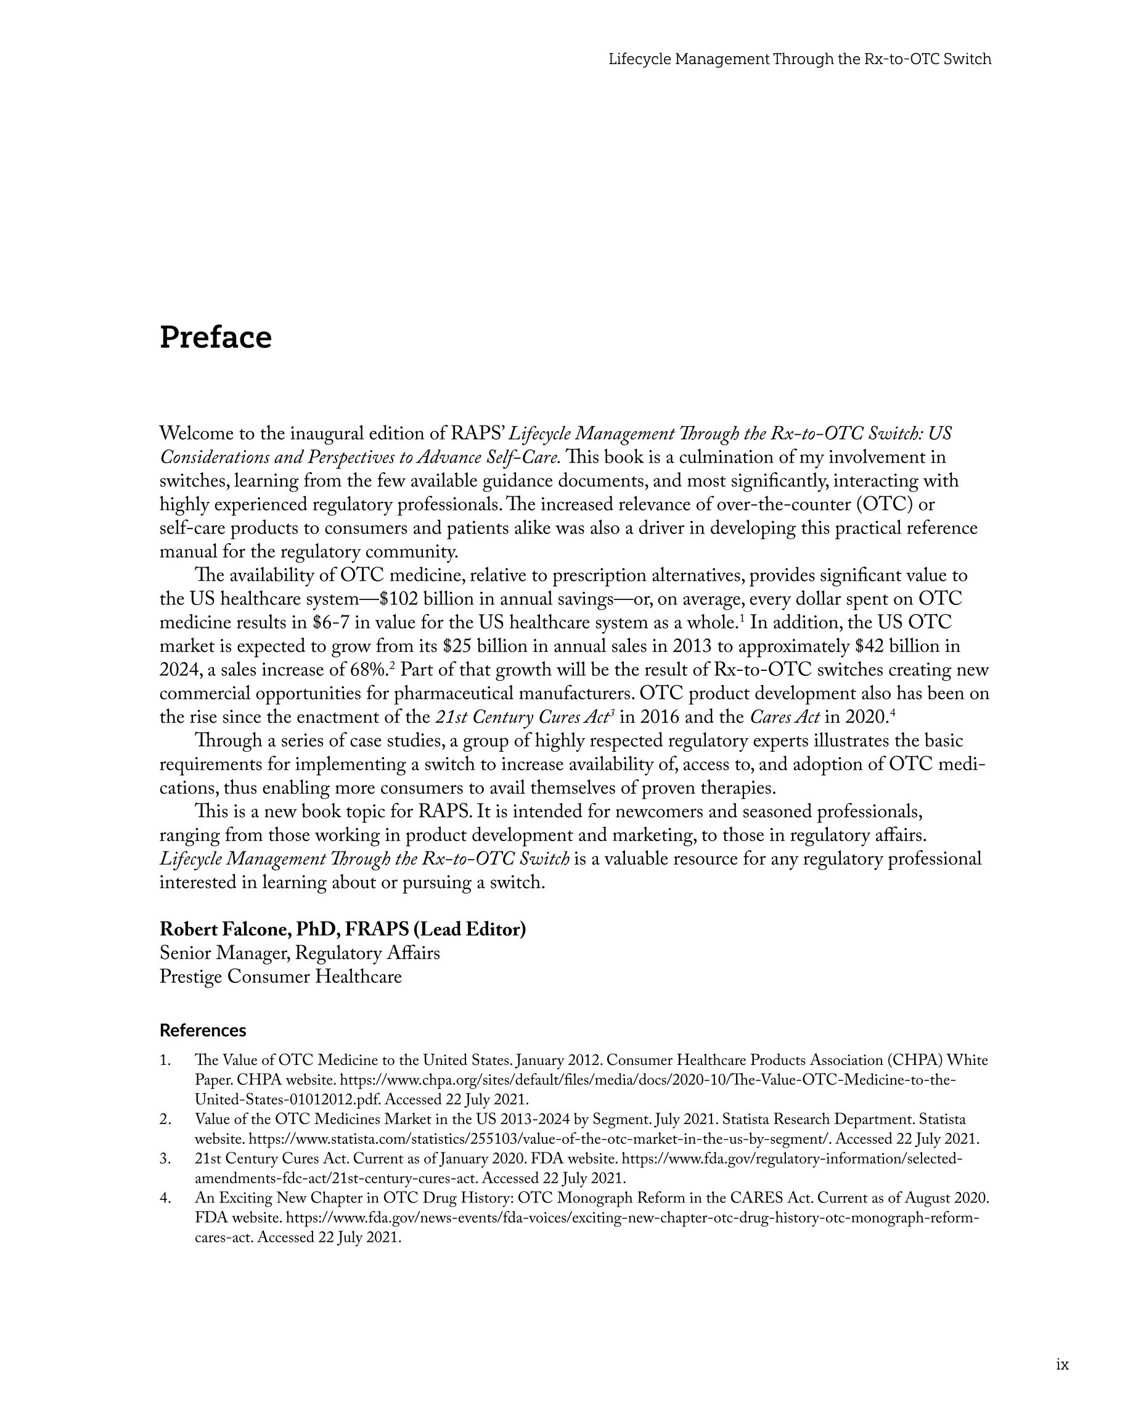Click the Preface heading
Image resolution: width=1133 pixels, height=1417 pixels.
pyautogui.click(x=216, y=338)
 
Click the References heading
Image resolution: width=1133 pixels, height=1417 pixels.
pyautogui.click(x=202, y=1030)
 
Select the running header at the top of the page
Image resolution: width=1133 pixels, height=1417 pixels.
pyautogui.click(x=799, y=59)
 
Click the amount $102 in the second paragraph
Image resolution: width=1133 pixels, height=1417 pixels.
pyautogui.click(x=399, y=599)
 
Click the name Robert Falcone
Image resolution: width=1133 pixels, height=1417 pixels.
pyautogui.click(x=225, y=929)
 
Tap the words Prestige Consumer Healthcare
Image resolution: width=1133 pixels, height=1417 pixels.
pyautogui.click(x=280, y=977)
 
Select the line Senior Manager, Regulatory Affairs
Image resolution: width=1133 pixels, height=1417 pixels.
pyautogui.click(x=300, y=953)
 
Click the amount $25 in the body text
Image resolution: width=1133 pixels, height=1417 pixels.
pyautogui.click(x=457, y=647)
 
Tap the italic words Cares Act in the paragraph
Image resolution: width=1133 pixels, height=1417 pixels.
pyautogui.click(x=784, y=717)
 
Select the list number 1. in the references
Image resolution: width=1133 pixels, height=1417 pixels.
pyautogui.click(x=165, y=1060)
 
